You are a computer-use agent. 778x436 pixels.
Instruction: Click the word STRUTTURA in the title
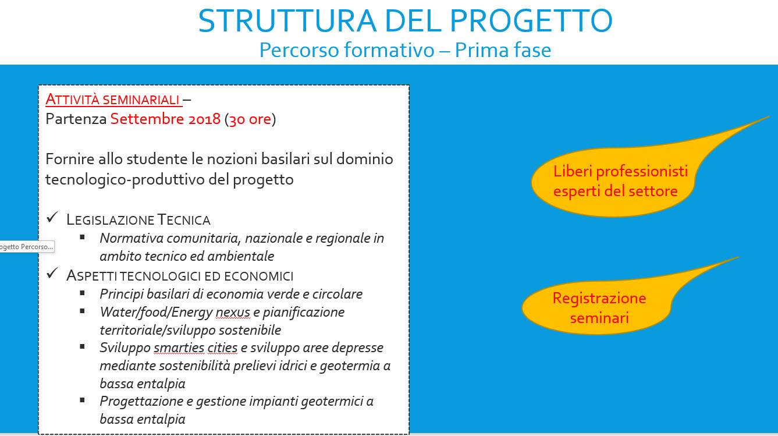(x=287, y=21)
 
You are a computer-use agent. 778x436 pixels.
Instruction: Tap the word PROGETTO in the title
(x=531, y=21)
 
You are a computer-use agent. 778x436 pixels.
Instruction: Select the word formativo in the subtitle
(x=389, y=49)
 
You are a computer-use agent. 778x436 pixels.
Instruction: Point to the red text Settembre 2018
(x=165, y=119)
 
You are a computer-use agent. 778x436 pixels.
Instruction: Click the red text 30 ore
(x=250, y=119)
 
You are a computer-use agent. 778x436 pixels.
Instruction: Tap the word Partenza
(x=76, y=119)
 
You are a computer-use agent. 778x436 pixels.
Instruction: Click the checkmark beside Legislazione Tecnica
(x=52, y=218)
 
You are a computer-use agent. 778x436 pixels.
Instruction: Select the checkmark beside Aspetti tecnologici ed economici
(x=52, y=274)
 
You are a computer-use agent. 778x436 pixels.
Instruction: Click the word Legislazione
(x=110, y=220)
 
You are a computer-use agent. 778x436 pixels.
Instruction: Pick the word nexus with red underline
(x=233, y=312)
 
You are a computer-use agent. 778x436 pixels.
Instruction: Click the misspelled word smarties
(x=179, y=348)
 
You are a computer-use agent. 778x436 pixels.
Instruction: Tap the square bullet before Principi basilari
(x=82, y=293)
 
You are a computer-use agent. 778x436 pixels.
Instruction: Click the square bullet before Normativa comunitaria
(x=82, y=238)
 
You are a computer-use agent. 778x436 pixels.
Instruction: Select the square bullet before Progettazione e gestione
(x=82, y=400)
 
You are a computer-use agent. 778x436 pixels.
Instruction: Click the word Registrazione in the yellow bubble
(x=599, y=298)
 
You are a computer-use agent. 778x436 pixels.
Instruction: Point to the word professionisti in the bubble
(x=642, y=171)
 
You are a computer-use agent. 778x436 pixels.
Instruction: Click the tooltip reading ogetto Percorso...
(x=27, y=247)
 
